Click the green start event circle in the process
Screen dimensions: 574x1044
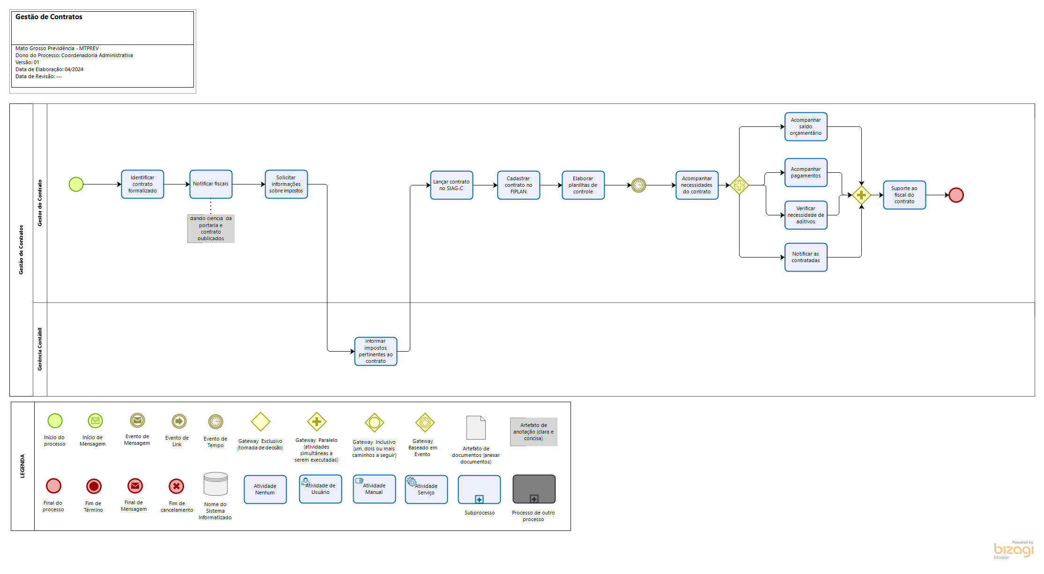76,184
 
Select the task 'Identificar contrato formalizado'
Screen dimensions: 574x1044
142,184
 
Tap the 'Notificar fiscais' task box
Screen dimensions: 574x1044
211,184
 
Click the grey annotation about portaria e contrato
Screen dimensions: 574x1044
211,228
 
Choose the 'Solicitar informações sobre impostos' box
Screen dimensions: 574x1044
286,184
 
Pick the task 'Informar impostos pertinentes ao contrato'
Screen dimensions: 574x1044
376,351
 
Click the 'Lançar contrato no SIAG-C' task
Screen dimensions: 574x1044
452,185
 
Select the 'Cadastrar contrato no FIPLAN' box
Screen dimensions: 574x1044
518,185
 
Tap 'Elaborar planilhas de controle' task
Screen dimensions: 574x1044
583,185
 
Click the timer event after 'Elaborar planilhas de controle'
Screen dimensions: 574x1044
638,185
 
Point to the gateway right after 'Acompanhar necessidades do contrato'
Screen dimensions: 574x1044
739,185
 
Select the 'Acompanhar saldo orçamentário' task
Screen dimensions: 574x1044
806,127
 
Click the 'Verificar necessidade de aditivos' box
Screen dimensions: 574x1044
806,215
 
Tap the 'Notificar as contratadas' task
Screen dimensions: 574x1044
806,258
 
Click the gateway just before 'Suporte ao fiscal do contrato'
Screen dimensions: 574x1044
861,195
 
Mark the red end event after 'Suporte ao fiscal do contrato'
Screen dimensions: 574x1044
956,195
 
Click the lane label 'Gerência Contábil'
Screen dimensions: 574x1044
40,349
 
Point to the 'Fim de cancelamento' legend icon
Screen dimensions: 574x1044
177,486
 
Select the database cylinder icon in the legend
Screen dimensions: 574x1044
215,484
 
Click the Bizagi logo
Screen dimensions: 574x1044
1013,550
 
